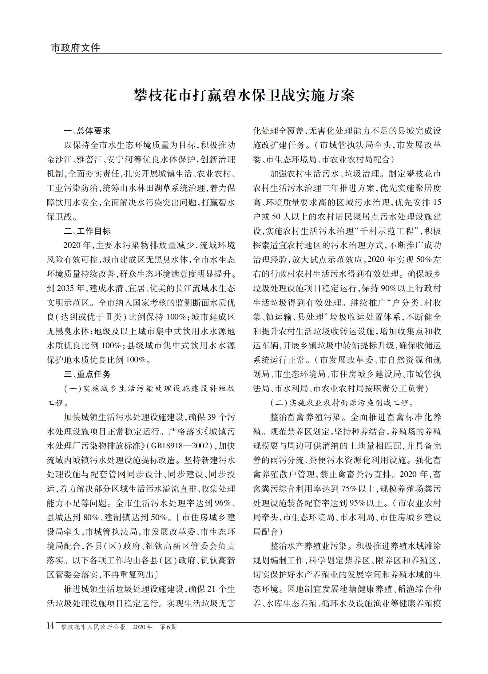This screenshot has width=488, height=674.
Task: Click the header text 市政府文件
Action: (76, 48)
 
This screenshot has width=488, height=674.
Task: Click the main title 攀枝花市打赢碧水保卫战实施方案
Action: (244, 95)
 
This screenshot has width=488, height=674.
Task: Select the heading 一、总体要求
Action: (87, 131)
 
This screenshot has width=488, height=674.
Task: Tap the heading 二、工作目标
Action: (87, 231)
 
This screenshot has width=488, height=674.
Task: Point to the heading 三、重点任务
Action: (87, 374)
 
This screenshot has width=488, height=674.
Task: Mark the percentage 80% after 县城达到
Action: (91, 517)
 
